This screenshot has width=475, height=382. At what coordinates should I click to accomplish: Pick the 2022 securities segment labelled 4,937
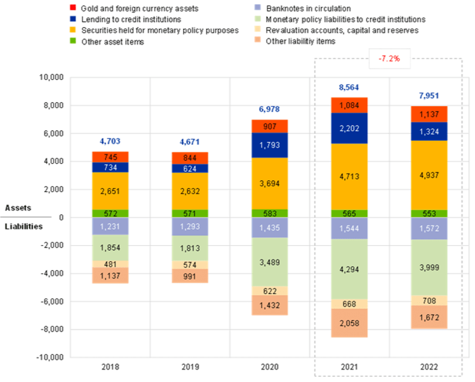[429, 175]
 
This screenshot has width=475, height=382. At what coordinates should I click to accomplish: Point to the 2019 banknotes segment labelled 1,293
[190, 227]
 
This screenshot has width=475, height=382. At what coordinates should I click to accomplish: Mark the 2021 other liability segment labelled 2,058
[350, 323]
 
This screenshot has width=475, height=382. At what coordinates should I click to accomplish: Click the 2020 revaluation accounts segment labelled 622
[270, 290]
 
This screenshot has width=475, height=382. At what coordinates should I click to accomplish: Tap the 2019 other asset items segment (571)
[190, 214]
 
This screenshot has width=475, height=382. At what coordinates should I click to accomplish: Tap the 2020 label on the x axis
[270, 367]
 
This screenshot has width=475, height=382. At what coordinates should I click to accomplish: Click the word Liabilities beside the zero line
[24, 226]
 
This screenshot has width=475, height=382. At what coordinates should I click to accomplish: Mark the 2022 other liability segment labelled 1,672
[429, 317]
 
